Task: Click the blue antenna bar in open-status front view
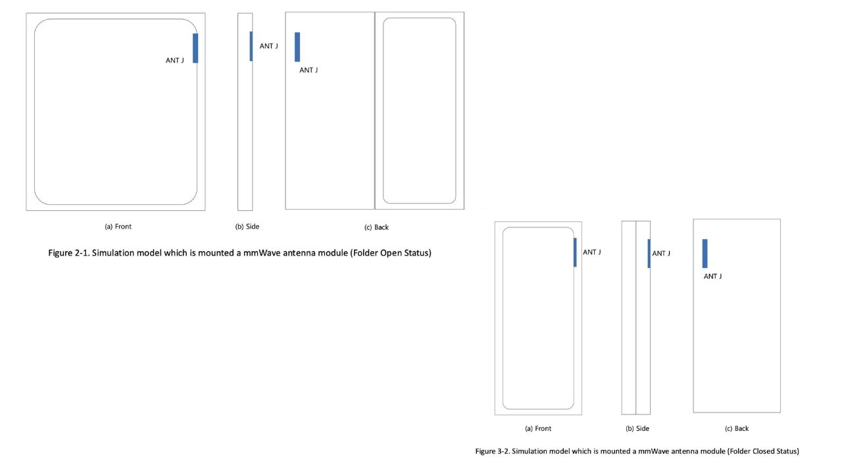coord(195,48)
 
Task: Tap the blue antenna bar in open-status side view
coord(251,46)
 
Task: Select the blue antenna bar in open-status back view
coord(297,47)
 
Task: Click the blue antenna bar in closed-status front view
coord(575,252)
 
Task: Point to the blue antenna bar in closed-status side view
coord(649,254)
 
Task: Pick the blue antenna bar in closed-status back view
coord(705,254)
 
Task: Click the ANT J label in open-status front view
coord(175,60)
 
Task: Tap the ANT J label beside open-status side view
coord(269,46)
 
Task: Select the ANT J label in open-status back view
coord(309,70)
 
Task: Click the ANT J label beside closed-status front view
coord(592,252)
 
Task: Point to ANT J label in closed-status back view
coord(712,276)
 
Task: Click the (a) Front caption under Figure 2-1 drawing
coord(118,227)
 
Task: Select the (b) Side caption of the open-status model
coord(247,227)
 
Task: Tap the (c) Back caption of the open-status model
coord(376,227)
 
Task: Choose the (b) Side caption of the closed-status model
coord(637,428)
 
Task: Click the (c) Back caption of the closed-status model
coord(737,428)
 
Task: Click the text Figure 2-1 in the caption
coord(69,253)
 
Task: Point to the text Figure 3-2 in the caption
coord(493,451)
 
